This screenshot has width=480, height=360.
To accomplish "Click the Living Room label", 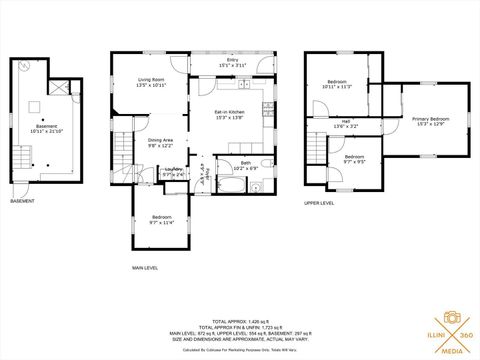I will click(x=151, y=82).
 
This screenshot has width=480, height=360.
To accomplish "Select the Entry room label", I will click(x=232, y=63).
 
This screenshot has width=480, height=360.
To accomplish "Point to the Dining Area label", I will click(x=161, y=142).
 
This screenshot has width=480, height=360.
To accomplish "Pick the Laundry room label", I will click(x=174, y=172).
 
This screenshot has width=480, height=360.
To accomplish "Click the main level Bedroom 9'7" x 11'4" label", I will click(x=161, y=220).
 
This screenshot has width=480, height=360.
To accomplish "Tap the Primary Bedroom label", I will click(x=431, y=121).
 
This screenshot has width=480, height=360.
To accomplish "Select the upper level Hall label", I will click(x=344, y=124).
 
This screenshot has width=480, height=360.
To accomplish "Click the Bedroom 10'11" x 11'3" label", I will click(x=337, y=85).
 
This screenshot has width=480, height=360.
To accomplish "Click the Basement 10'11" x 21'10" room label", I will click(x=47, y=100).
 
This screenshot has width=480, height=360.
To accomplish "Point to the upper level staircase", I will click(x=315, y=150).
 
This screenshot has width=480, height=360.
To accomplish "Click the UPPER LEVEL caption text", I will click(x=318, y=203).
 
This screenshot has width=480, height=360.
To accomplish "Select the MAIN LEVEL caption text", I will click(x=145, y=268).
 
